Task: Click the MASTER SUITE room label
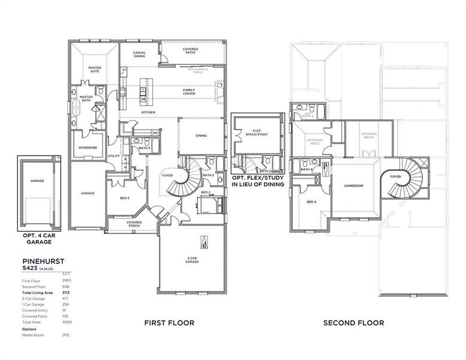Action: pos(94,70)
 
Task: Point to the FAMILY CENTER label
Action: pos(189,91)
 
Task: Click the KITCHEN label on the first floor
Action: pos(148,112)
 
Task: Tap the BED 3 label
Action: pos(124,197)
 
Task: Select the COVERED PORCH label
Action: pos(134,224)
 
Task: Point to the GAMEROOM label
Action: pos(353,185)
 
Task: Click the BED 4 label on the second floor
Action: pos(311,202)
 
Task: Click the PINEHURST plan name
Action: pos(44,262)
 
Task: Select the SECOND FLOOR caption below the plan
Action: pos(353,323)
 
